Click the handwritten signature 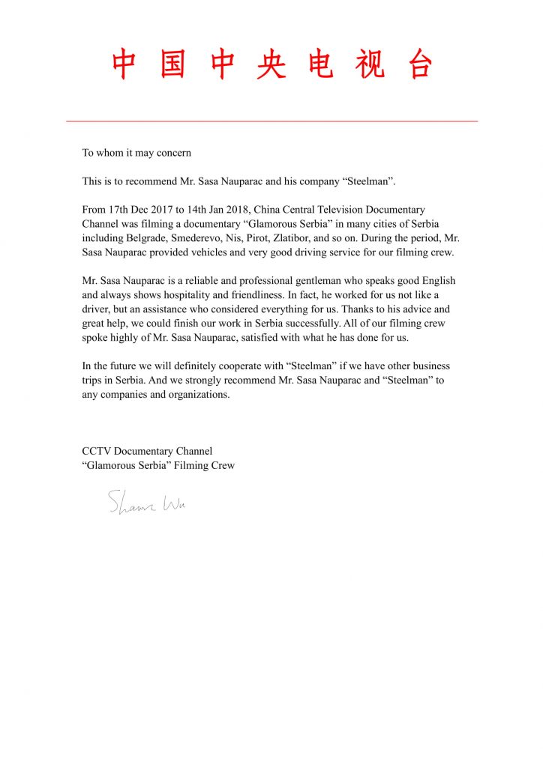[x=147, y=503]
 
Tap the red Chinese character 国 [x=173, y=64]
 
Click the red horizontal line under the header [x=271, y=121]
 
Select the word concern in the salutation [x=173, y=153]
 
